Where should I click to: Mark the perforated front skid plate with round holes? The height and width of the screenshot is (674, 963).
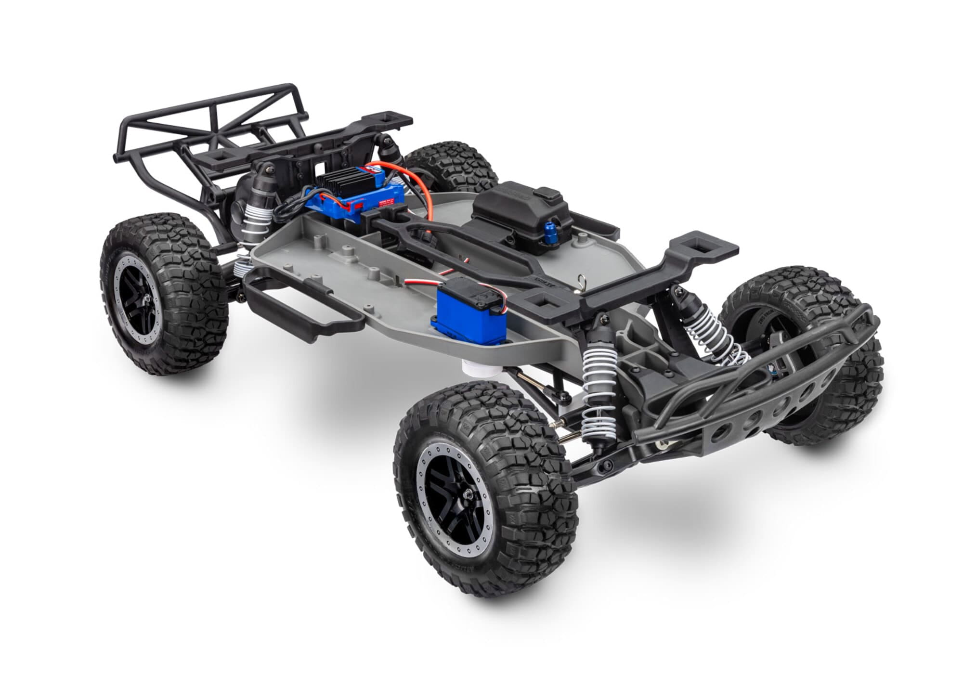coord(770,409)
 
